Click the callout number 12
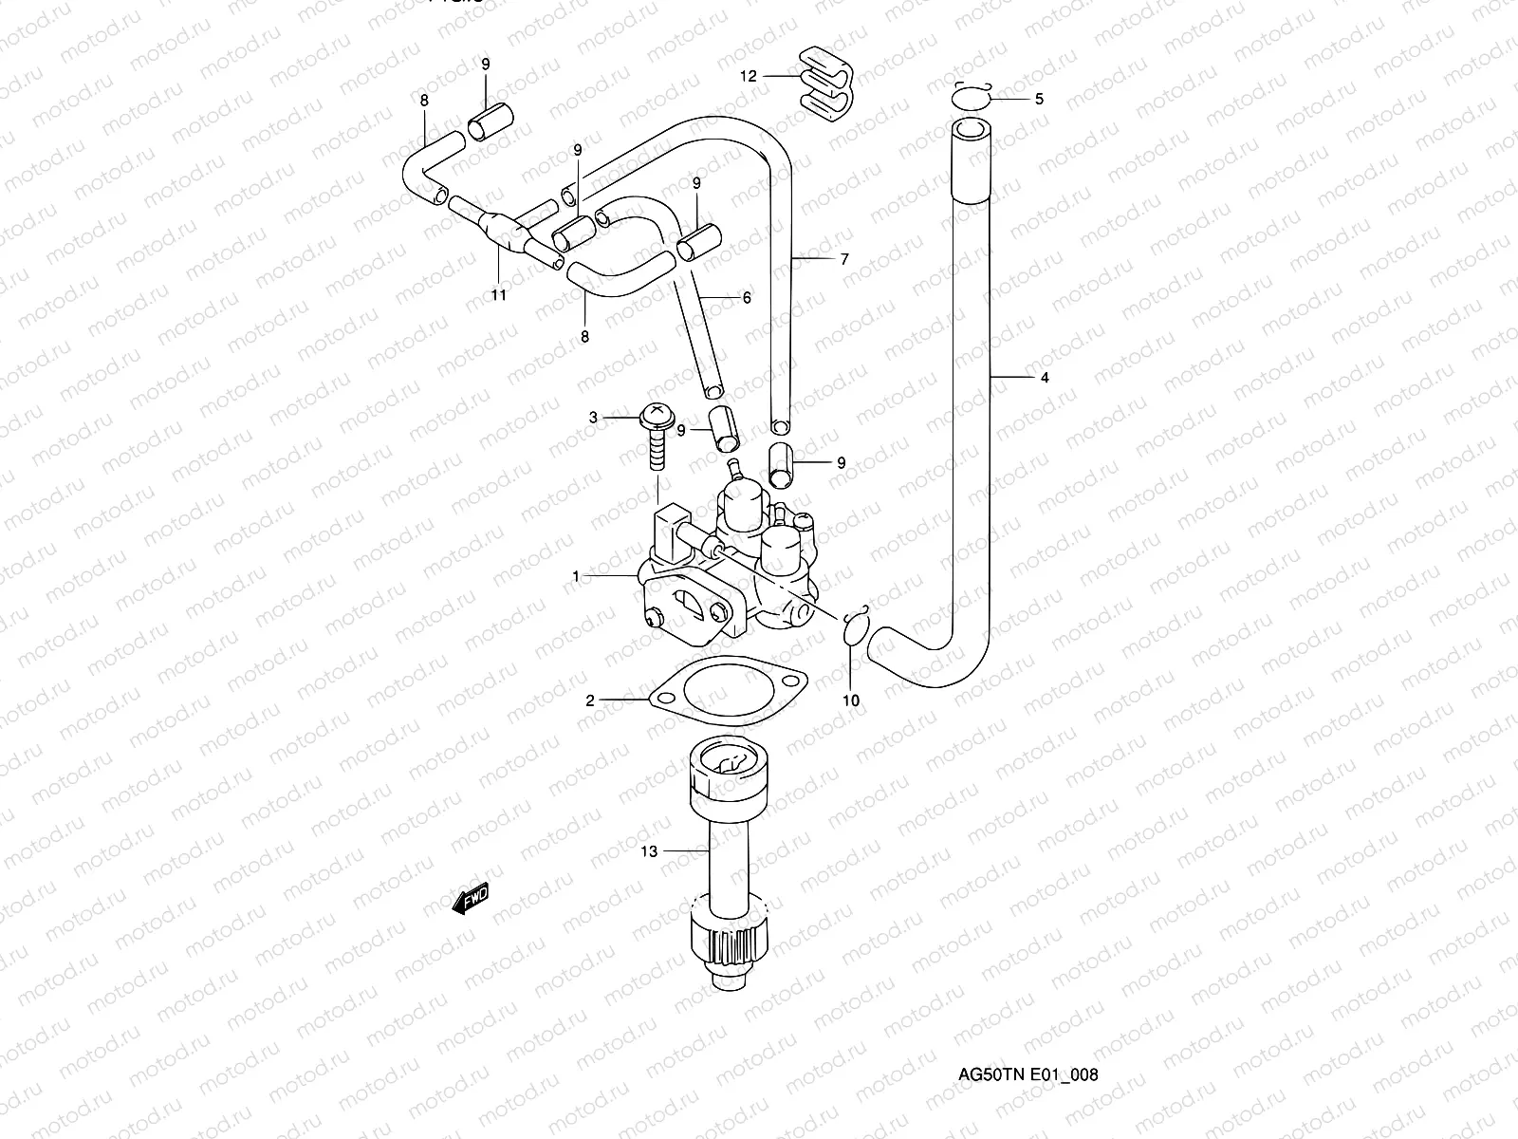pyautogui.click(x=749, y=76)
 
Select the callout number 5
pyautogui.click(x=1039, y=99)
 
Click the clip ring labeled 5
pyautogui.click(x=971, y=98)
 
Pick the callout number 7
pyautogui.click(x=844, y=259)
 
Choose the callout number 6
pyautogui.click(x=747, y=297)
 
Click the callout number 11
pyautogui.click(x=499, y=295)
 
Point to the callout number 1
pyautogui.click(x=575, y=576)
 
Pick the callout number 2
pyautogui.click(x=590, y=700)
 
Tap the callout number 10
pyautogui.click(x=851, y=700)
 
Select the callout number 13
pyautogui.click(x=649, y=851)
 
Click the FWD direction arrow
pyautogui.click(x=472, y=898)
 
